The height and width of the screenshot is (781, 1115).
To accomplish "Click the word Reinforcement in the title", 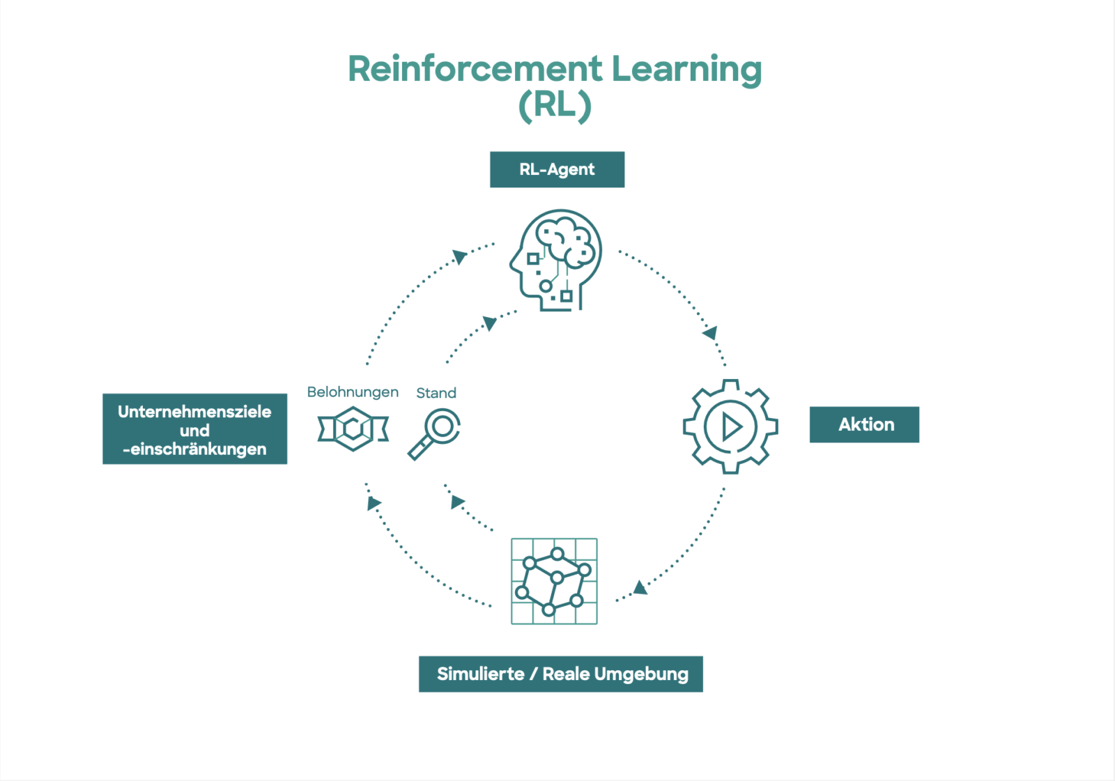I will [475, 69].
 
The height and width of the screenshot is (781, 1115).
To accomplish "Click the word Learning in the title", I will [686, 69].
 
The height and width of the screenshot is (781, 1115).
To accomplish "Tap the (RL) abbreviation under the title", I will [555, 106].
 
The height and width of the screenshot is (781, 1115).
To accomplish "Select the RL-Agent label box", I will [557, 169].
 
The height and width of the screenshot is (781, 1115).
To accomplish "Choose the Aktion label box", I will [864, 424].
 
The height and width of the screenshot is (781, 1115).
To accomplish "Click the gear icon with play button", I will [730, 426].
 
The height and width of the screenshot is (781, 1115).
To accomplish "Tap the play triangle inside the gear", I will [731, 426].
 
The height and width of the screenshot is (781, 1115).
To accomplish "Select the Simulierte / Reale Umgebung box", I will [560, 674].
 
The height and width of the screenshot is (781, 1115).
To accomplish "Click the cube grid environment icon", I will [554, 581].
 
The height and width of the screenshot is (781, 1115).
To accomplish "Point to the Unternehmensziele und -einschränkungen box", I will [194, 429].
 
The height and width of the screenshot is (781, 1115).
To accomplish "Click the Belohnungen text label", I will [353, 392].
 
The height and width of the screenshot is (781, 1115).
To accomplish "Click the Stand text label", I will [436, 393].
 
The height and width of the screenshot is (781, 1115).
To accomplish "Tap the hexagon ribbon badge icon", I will [353, 428].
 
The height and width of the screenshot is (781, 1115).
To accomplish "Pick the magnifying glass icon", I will [435, 433].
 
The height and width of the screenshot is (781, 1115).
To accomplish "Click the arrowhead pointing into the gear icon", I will [710, 333].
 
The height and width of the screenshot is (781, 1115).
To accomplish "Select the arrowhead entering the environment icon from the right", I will [640, 588].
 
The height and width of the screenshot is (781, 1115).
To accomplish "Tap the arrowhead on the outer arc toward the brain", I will [459, 257].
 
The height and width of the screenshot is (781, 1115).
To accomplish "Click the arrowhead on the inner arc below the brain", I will [490, 323].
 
